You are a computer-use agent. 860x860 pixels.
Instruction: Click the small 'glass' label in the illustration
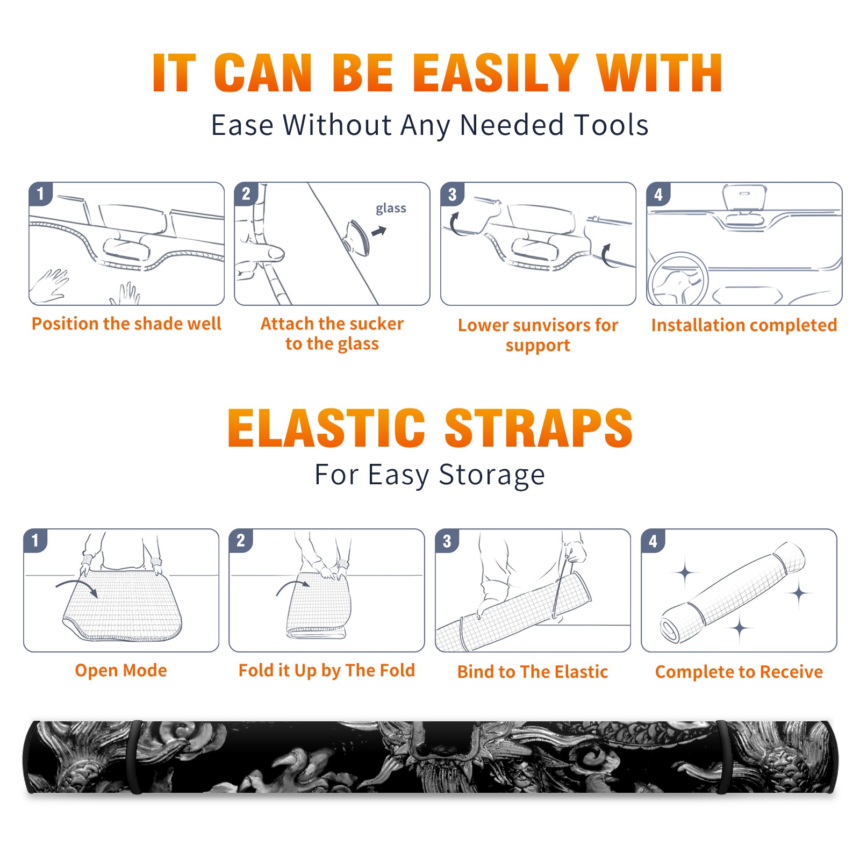point(391,209)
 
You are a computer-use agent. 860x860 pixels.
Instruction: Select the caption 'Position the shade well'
point(126,324)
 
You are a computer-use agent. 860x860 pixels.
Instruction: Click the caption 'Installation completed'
point(744,325)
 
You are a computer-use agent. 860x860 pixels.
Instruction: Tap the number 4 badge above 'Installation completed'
point(658,194)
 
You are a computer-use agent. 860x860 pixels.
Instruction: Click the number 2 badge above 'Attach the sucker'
point(246,193)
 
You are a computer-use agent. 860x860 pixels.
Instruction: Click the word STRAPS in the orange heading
point(539,428)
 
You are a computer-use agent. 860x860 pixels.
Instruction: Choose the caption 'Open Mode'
point(121,670)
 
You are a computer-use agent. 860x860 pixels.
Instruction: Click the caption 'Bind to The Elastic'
point(532,672)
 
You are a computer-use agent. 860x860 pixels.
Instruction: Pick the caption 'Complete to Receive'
point(739,672)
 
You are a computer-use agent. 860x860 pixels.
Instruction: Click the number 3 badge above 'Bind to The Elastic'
point(447,541)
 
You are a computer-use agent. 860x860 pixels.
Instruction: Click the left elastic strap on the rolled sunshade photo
point(135,757)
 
